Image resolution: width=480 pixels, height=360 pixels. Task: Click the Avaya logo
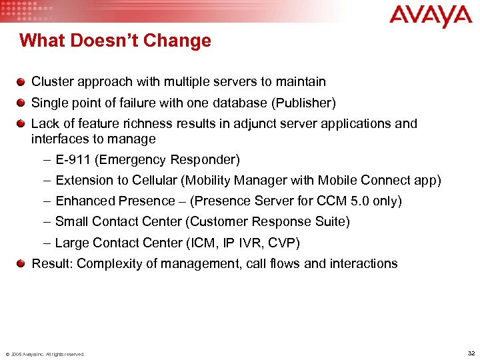(x=430, y=16)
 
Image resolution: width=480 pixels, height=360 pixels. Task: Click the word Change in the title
(x=181, y=41)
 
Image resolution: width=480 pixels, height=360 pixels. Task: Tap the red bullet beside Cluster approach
(x=22, y=82)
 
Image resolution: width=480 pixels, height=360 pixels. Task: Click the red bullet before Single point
(x=22, y=103)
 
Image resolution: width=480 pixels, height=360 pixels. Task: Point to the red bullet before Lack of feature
(x=22, y=123)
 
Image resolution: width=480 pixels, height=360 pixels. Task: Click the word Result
(x=52, y=263)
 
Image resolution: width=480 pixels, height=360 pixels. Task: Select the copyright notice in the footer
(x=45, y=354)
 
